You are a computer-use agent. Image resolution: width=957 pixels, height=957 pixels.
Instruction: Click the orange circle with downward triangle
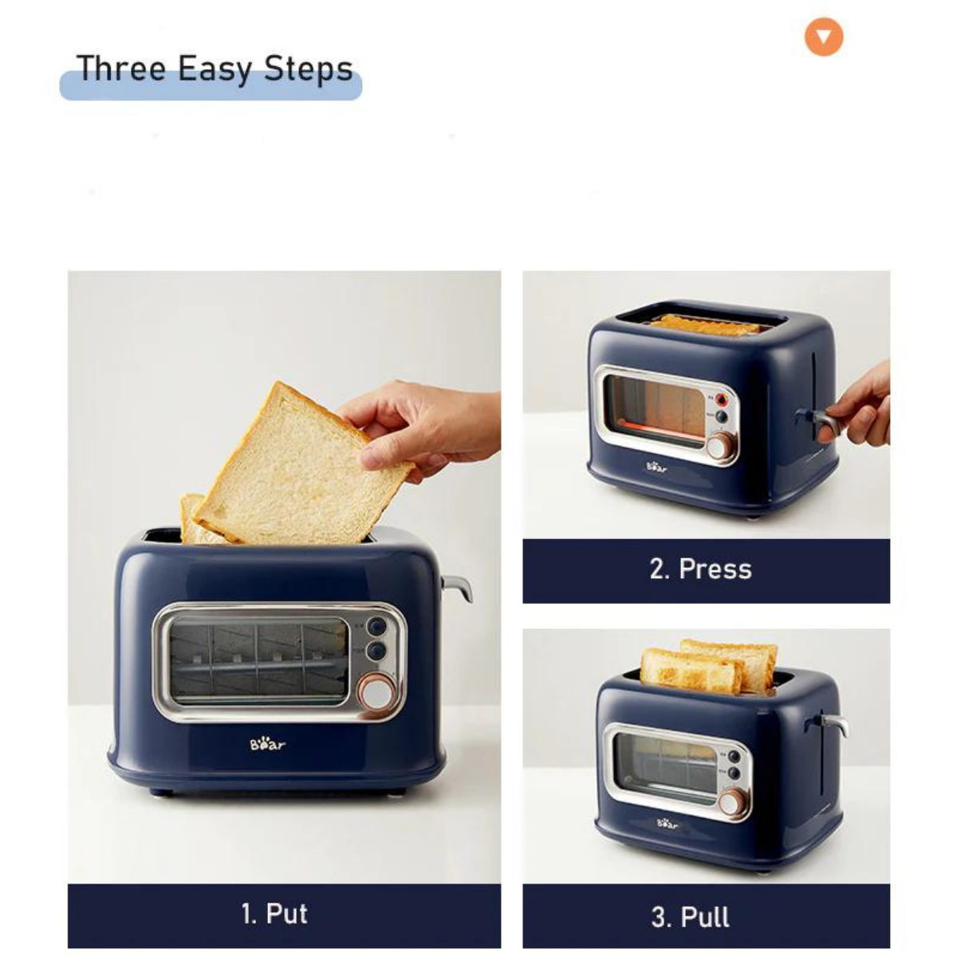[x=823, y=37]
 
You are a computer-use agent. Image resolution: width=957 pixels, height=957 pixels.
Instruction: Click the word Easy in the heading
[x=214, y=69]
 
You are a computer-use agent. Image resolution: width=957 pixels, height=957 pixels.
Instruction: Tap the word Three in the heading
[x=121, y=68]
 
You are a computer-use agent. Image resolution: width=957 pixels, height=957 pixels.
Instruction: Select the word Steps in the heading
[x=308, y=69]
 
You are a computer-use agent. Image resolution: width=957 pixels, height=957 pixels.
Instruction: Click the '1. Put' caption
[x=274, y=913]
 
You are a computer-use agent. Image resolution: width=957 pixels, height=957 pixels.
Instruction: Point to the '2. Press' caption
[x=700, y=569]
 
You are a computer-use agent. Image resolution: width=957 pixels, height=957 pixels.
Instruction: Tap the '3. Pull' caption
[x=691, y=917]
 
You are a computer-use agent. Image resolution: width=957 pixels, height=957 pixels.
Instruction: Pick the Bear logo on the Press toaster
[x=656, y=467]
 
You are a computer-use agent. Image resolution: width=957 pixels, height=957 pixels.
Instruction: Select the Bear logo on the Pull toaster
[x=667, y=823]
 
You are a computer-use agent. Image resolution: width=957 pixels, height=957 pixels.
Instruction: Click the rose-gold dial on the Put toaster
[x=376, y=691]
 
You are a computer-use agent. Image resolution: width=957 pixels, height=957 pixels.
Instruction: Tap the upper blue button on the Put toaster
[x=376, y=626]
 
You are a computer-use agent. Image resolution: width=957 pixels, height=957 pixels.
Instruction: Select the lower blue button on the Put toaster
[x=376, y=651]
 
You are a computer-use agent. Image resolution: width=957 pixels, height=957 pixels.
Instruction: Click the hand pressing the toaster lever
[x=854, y=406]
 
